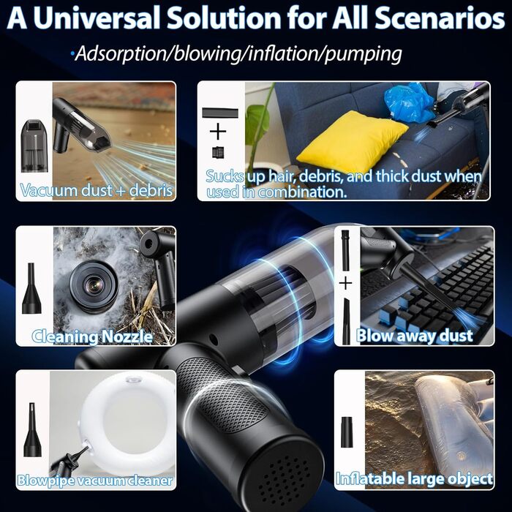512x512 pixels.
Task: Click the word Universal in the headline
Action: (x=97, y=18)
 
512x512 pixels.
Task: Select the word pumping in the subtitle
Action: (x=363, y=54)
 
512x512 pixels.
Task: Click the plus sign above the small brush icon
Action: (x=218, y=132)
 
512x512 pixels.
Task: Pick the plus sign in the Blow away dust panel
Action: (x=345, y=283)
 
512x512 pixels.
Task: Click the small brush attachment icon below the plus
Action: (x=218, y=152)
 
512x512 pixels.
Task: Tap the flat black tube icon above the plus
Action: (x=220, y=113)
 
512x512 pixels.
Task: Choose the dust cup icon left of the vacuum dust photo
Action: (x=34, y=146)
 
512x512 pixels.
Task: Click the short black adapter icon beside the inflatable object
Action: (x=347, y=432)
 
